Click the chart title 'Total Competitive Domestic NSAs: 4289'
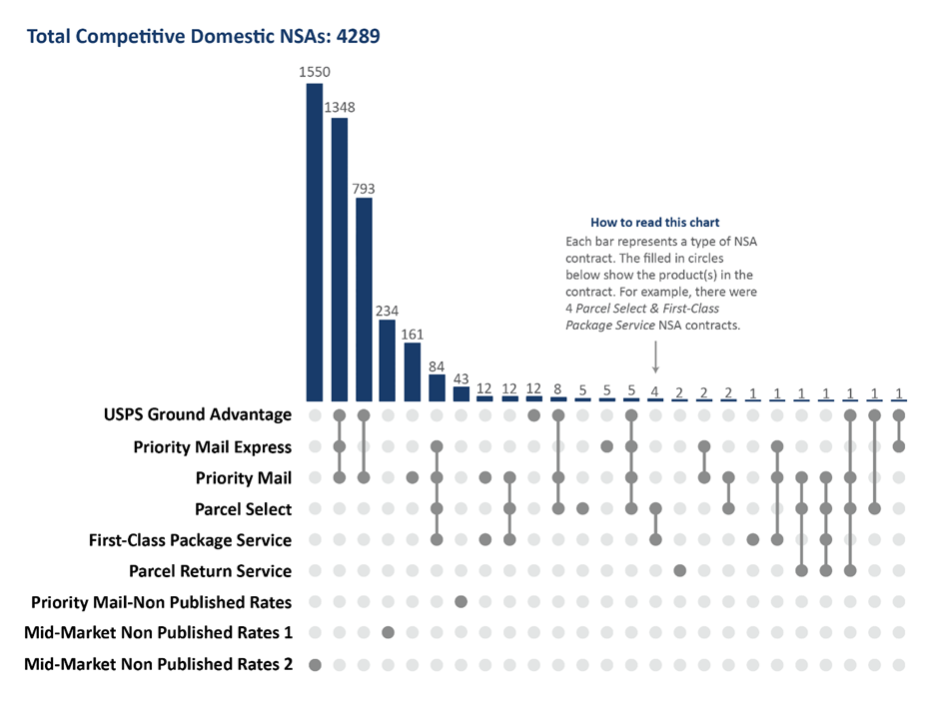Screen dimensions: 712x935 point(203,37)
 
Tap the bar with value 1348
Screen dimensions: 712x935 point(340,260)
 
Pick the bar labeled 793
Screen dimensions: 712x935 point(364,300)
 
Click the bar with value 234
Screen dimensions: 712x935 point(388,360)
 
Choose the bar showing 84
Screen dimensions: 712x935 point(437,387)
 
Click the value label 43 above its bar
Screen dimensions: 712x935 point(461,378)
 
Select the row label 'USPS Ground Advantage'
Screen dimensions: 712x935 point(197,414)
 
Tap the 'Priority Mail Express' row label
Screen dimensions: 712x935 point(212,446)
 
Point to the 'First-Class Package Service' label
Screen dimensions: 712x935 point(190,540)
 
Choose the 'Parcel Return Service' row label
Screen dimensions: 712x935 point(210,571)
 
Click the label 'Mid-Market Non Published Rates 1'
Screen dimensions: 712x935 point(158,633)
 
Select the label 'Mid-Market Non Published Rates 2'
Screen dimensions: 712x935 point(158,664)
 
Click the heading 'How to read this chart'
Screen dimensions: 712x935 point(654,222)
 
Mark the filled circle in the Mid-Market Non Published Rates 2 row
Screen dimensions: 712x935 point(315,664)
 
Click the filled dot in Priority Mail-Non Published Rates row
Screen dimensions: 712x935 point(461,602)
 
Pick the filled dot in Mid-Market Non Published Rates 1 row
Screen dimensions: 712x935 point(388,633)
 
